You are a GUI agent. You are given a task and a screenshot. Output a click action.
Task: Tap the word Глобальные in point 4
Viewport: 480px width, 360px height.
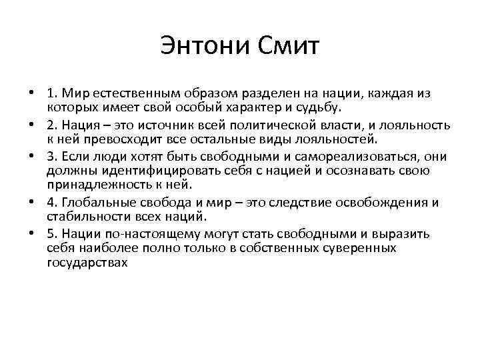93,203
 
